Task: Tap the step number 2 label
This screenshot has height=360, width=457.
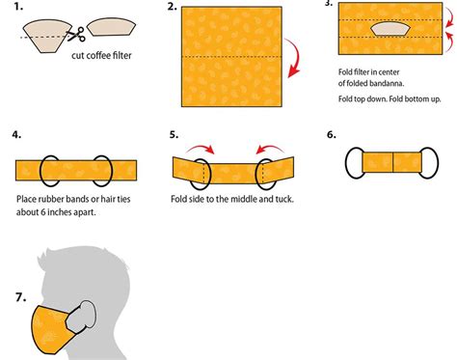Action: click(172, 8)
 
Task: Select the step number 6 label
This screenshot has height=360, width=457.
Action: click(332, 135)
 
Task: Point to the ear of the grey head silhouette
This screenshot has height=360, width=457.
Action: click(88, 317)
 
